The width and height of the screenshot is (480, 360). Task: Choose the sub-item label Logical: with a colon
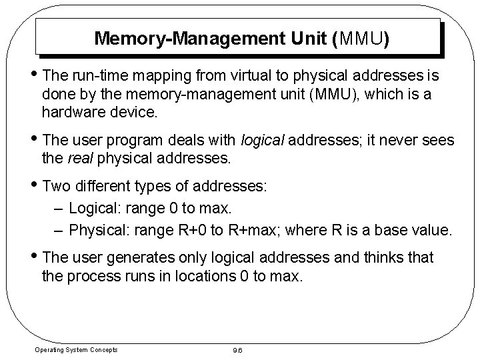[x=93, y=209]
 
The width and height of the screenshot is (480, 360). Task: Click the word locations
[x=205, y=275]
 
